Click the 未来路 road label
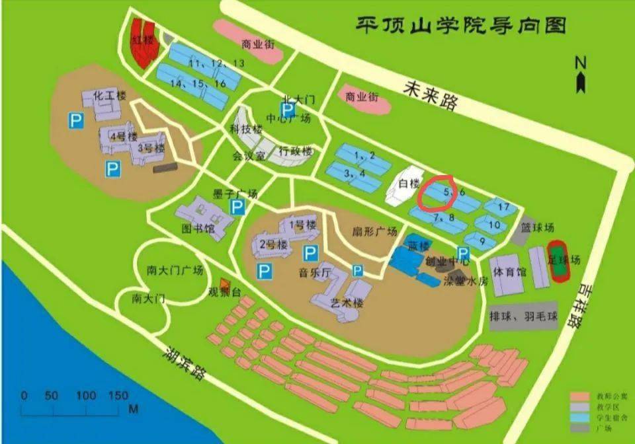click(433, 95)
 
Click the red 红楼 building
click(142, 42)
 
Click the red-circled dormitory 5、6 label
click(449, 192)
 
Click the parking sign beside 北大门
click(289, 110)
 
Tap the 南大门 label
click(148, 298)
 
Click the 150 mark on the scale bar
click(117, 396)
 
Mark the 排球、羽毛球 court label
click(523, 317)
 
